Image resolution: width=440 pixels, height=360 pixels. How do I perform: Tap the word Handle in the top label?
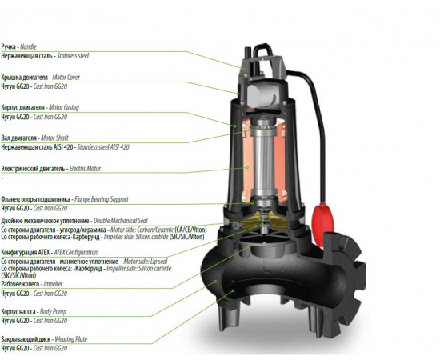pos(28,46)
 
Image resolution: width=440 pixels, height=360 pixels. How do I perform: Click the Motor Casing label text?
pos(64,107)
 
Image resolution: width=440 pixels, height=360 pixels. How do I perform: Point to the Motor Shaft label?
pos(54,138)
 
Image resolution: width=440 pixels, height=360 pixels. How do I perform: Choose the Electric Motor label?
pos(85,169)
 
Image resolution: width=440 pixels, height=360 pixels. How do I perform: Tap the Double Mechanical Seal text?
pos(120,221)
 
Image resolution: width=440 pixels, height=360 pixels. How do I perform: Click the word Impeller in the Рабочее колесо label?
pos(53,284)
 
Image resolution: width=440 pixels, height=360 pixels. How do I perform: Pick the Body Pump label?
pos(53,311)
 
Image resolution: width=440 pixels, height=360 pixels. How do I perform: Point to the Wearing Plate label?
pos(70,339)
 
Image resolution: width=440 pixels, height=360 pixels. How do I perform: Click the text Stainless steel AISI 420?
pos(103,147)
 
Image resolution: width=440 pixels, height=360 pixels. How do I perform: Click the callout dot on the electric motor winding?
pos(247,167)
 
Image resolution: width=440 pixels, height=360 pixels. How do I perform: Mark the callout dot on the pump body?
pos(216,281)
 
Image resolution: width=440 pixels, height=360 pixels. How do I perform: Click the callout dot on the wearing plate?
pos(233,290)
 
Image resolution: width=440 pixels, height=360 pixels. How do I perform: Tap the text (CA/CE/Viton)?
pos(190,230)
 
